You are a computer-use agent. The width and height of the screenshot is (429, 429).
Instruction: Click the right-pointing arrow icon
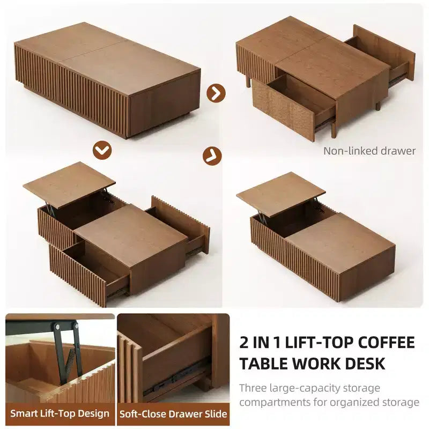(x=216, y=93)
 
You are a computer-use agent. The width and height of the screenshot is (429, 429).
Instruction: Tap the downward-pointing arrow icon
(x=102, y=150)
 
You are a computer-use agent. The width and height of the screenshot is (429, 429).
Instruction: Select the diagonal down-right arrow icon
(x=212, y=156)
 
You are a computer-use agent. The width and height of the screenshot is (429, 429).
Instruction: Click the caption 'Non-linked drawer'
(x=369, y=151)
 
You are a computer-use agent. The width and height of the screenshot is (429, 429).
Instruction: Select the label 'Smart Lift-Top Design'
(x=60, y=413)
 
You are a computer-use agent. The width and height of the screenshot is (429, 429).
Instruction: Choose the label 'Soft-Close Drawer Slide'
(x=173, y=413)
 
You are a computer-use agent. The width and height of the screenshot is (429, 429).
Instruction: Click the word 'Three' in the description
(x=253, y=388)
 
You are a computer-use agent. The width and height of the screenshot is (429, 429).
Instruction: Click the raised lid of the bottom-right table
(x=280, y=191)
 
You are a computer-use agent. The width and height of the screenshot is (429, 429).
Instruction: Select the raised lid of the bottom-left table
(x=69, y=184)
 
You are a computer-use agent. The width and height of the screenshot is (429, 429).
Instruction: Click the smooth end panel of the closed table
(x=165, y=104)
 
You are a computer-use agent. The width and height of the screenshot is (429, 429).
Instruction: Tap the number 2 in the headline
(x=245, y=343)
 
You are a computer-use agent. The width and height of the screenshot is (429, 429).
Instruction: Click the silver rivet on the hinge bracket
(x=57, y=326)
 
